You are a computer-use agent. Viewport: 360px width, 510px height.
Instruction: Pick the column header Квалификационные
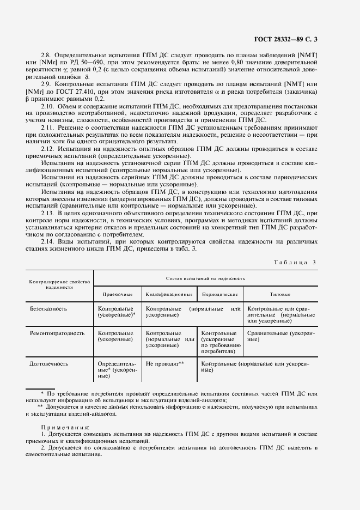[x=169, y=294]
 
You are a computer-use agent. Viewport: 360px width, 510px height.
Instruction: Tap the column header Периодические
[x=219, y=294]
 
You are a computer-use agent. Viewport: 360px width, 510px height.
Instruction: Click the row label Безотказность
[x=49, y=309]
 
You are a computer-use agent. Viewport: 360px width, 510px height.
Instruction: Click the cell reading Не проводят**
[x=166, y=363]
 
